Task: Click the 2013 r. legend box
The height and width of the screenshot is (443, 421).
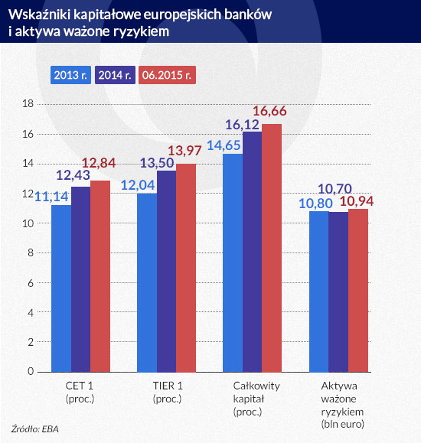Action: pos(71,75)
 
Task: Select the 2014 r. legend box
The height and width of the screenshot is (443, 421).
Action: pos(115,75)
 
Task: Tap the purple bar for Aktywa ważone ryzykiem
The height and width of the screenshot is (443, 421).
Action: pos(338,292)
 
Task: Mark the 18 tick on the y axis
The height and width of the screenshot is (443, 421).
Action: pos(28,103)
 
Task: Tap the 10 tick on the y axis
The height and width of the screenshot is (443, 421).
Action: pos(28,223)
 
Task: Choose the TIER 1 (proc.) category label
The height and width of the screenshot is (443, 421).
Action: pos(166,393)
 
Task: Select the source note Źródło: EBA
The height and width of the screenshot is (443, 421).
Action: pos(35,428)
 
